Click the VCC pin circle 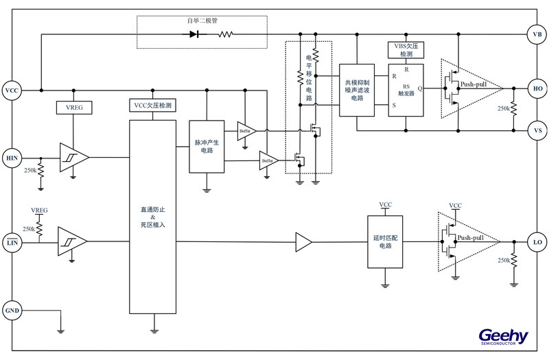tap(12, 91)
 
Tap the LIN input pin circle tap(12, 241)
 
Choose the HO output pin tap(537, 88)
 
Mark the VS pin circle tap(537, 129)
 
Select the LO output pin tap(537, 241)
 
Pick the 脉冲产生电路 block tap(207, 147)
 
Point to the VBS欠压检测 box tap(406, 49)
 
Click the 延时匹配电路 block tap(384, 241)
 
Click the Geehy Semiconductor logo tap(504, 336)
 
